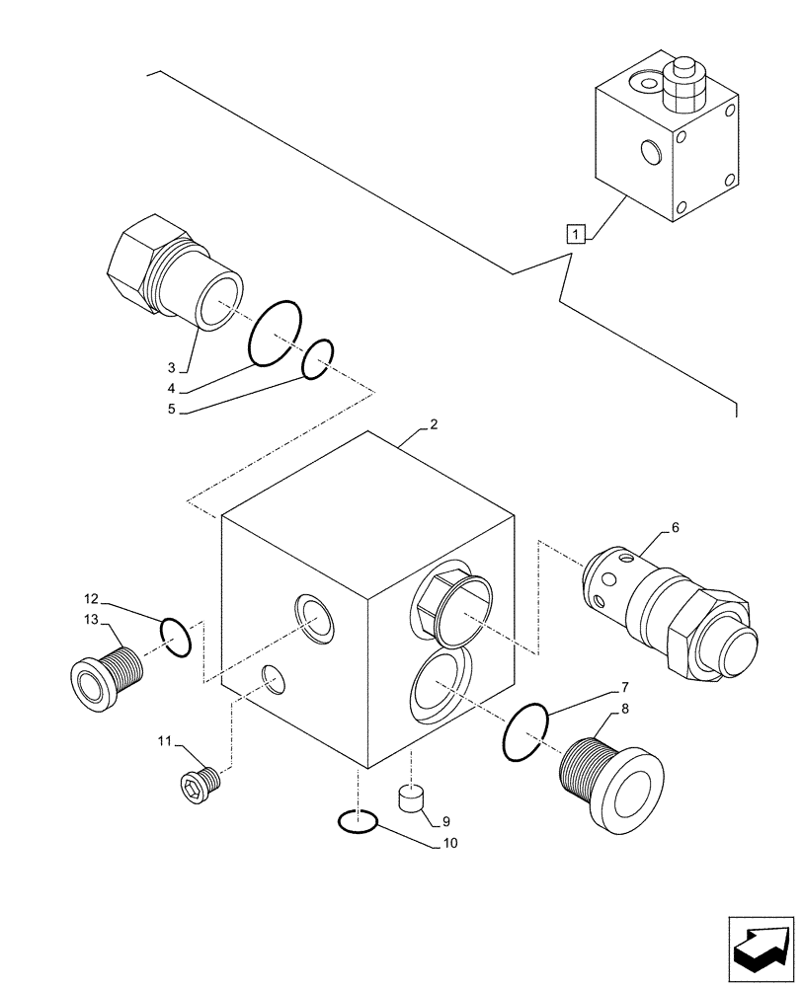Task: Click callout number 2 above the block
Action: click(434, 425)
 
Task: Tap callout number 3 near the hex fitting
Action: click(171, 367)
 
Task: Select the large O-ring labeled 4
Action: click(275, 332)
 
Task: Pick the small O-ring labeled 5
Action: click(317, 359)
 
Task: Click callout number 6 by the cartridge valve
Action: click(675, 528)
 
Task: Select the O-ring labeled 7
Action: click(524, 732)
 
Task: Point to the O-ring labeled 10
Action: click(357, 820)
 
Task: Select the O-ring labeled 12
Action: click(174, 637)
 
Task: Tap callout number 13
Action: click(91, 619)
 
